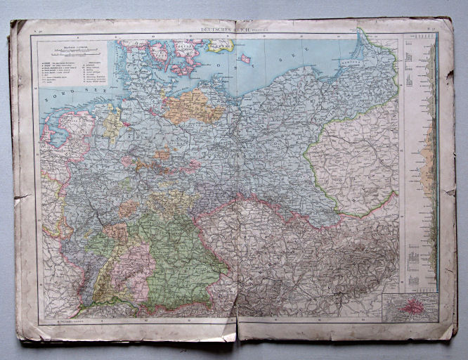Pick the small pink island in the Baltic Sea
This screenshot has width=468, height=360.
(245, 59)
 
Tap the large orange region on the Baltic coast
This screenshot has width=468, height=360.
(188, 105)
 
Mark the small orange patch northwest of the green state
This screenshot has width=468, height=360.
(129, 209)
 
